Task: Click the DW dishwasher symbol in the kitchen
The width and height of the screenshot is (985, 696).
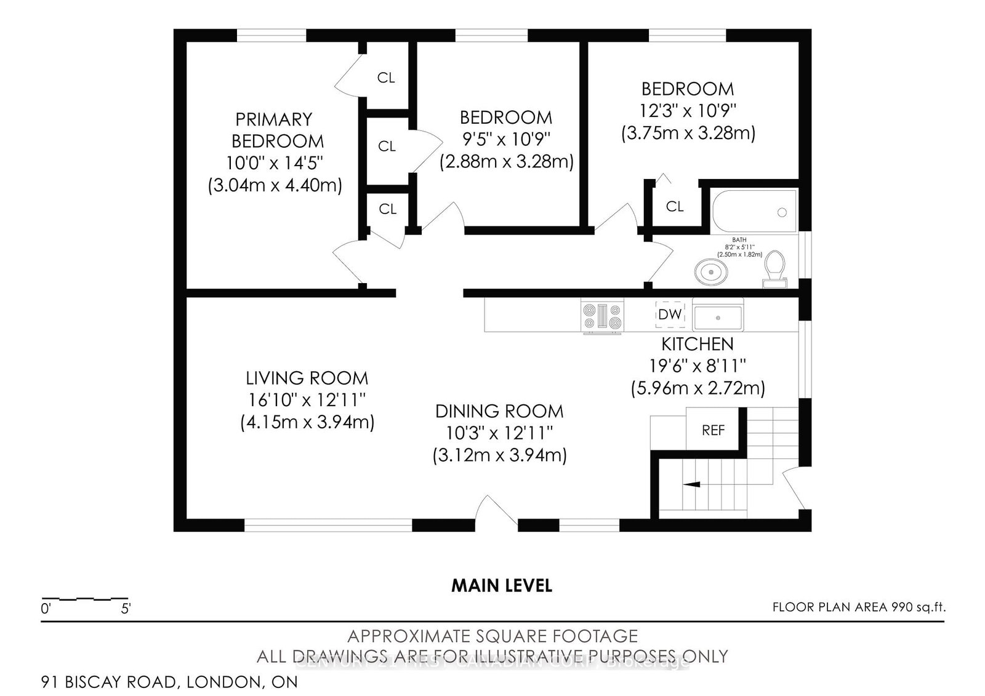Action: coord(670,314)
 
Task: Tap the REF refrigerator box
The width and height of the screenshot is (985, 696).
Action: coord(713,430)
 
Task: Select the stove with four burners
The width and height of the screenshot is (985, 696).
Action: coord(603,316)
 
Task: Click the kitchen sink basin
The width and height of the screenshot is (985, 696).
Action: coord(717,318)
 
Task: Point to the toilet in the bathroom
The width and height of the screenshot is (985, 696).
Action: coord(774,270)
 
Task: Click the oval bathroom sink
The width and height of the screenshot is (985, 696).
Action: coord(711,271)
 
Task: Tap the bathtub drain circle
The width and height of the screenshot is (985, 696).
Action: coord(782,212)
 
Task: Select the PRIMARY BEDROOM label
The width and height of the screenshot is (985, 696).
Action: coord(277,130)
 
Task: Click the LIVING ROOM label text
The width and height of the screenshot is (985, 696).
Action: coord(307,378)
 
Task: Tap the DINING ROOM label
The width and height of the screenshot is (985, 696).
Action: coord(499,411)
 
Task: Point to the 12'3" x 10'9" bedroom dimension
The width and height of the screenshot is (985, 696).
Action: coord(688,111)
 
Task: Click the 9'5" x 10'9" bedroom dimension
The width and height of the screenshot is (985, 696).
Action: coord(506,140)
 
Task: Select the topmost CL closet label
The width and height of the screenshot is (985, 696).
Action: coord(386,78)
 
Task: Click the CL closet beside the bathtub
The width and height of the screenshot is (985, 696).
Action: coord(675,207)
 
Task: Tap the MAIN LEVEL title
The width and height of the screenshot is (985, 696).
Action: coord(502,585)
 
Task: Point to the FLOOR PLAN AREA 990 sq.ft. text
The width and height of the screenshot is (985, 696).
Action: coord(859,607)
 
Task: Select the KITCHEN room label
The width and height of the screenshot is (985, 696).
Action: coord(698,344)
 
